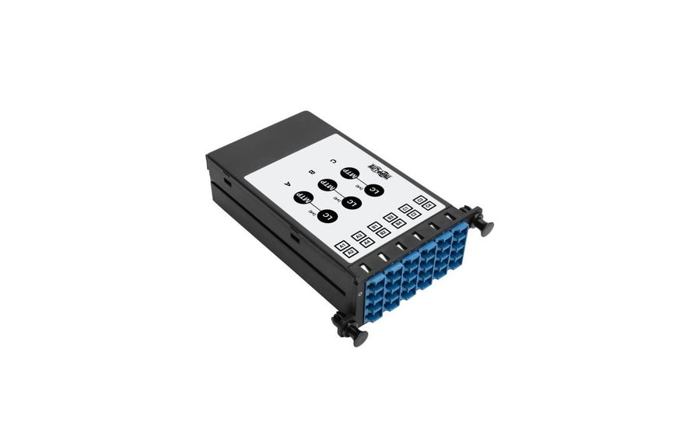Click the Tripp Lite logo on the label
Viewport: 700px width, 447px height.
[x=379, y=173]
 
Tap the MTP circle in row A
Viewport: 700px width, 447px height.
[x=304, y=197]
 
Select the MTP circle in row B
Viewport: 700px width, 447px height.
[x=327, y=184]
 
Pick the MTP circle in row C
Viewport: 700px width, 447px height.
[x=349, y=173]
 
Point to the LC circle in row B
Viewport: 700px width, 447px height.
[x=352, y=202]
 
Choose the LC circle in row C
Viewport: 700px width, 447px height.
[x=375, y=190]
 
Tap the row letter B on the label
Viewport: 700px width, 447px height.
[x=311, y=172]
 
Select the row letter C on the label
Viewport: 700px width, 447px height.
[x=333, y=162]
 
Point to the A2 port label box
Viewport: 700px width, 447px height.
[x=351, y=253]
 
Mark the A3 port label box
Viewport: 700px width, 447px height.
[x=359, y=236]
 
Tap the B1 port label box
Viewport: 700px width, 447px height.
[x=375, y=227]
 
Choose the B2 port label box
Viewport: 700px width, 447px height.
[x=383, y=233]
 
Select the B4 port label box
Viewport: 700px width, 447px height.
[x=399, y=224]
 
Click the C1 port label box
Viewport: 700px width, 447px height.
[x=406, y=209]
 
